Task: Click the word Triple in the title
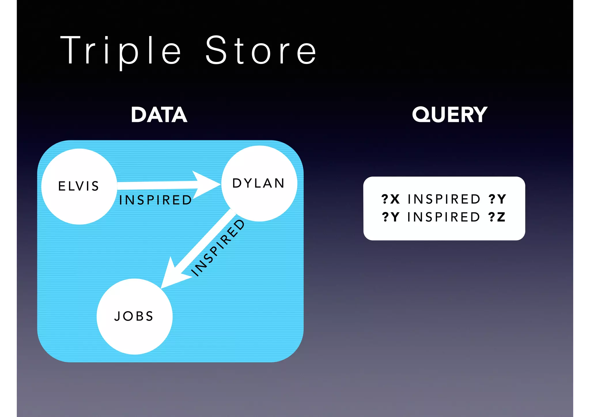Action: [x=121, y=50]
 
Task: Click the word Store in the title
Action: [x=261, y=50]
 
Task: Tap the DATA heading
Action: [x=159, y=115]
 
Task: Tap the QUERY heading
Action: [x=449, y=115]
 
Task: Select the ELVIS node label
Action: [x=79, y=186]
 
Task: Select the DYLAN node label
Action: [x=258, y=183]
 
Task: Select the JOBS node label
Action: [x=134, y=316]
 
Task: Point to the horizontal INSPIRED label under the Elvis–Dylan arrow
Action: [x=156, y=200]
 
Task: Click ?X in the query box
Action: [x=390, y=199]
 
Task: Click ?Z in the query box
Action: [x=497, y=217]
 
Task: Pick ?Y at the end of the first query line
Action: [x=497, y=199]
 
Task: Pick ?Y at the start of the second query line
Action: [x=391, y=217]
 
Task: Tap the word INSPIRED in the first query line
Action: [x=444, y=199]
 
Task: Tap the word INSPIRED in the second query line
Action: [x=444, y=217]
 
